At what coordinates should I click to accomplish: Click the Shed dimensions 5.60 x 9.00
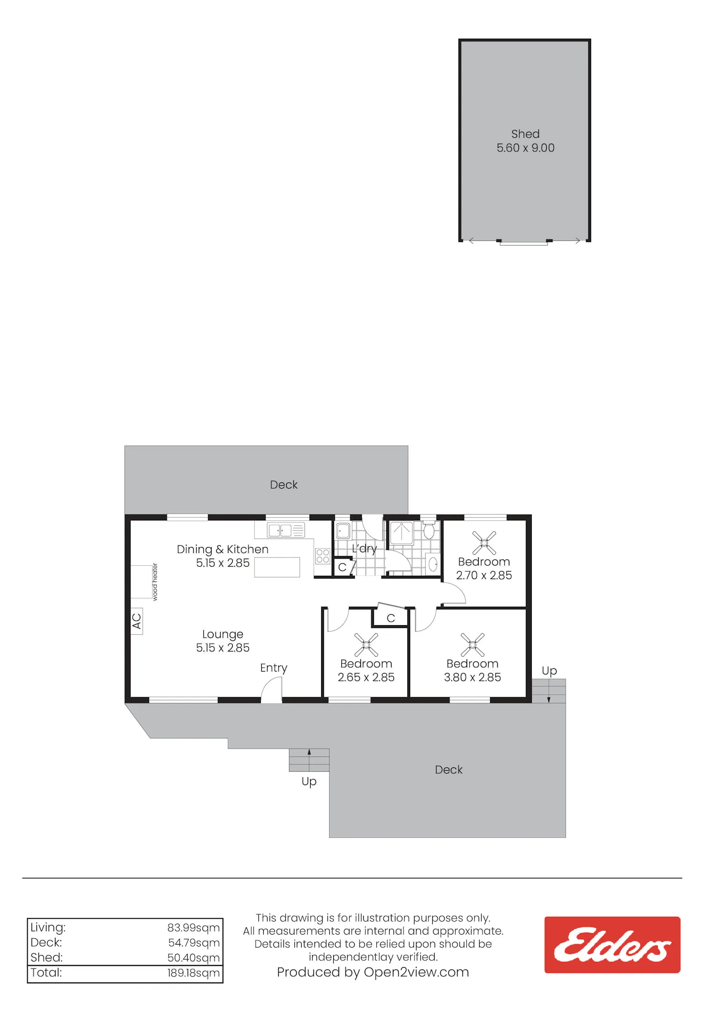(x=526, y=148)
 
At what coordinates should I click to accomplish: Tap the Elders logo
(x=612, y=945)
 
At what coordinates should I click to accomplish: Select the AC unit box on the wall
(x=137, y=621)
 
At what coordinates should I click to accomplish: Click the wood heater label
(x=155, y=582)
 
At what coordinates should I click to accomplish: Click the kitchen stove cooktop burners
(x=323, y=556)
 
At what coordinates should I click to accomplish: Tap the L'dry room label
(x=364, y=548)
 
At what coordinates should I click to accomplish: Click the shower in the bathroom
(x=402, y=534)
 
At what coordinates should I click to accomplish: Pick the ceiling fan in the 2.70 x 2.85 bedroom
(x=484, y=543)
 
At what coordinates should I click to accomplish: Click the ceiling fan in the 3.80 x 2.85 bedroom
(x=472, y=645)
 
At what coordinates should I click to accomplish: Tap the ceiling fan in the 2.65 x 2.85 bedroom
(x=366, y=645)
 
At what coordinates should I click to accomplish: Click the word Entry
(x=274, y=668)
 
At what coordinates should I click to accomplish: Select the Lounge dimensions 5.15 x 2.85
(x=223, y=648)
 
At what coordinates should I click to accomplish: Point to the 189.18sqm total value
(x=193, y=973)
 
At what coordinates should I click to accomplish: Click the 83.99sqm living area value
(x=193, y=928)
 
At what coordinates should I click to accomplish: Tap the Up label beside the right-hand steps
(x=550, y=671)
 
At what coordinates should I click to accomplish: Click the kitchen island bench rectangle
(x=277, y=567)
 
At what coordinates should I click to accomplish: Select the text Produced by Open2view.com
(x=373, y=972)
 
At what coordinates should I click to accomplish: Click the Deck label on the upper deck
(x=284, y=485)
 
